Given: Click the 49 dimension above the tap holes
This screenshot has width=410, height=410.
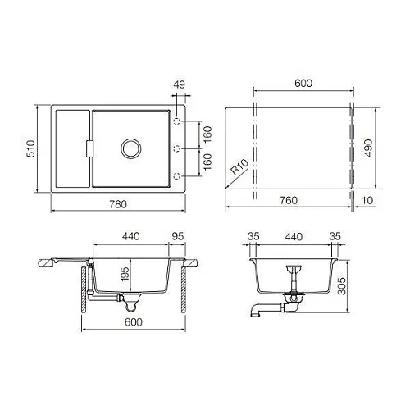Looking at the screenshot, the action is (x=180, y=84).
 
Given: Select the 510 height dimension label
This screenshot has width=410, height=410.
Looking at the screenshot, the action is (x=31, y=148).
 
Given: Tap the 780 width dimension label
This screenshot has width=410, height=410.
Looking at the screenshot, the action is (x=118, y=204).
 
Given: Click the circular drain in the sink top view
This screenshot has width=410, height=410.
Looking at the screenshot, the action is (x=131, y=148).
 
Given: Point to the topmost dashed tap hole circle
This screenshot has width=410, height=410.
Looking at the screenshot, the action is (x=177, y=121).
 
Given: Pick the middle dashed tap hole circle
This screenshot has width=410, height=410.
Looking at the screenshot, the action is (x=177, y=148).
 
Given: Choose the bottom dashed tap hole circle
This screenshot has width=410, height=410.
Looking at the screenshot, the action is (x=177, y=175).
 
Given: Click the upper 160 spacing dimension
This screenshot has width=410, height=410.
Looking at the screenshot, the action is (x=207, y=134).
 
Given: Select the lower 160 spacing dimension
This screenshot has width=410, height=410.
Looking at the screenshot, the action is (x=207, y=162).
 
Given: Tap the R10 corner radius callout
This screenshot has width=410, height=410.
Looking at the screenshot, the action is (x=239, y=167).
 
